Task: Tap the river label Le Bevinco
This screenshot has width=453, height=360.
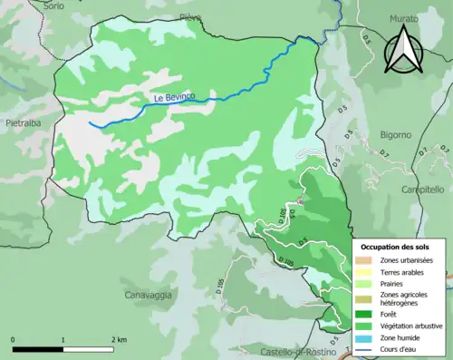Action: [x=173, y=98]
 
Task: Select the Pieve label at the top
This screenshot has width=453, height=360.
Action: [x=190, y=16]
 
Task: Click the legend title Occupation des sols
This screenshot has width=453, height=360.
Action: [x=395, y=246]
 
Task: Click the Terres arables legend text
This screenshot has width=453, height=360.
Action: [x=402, y=273]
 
